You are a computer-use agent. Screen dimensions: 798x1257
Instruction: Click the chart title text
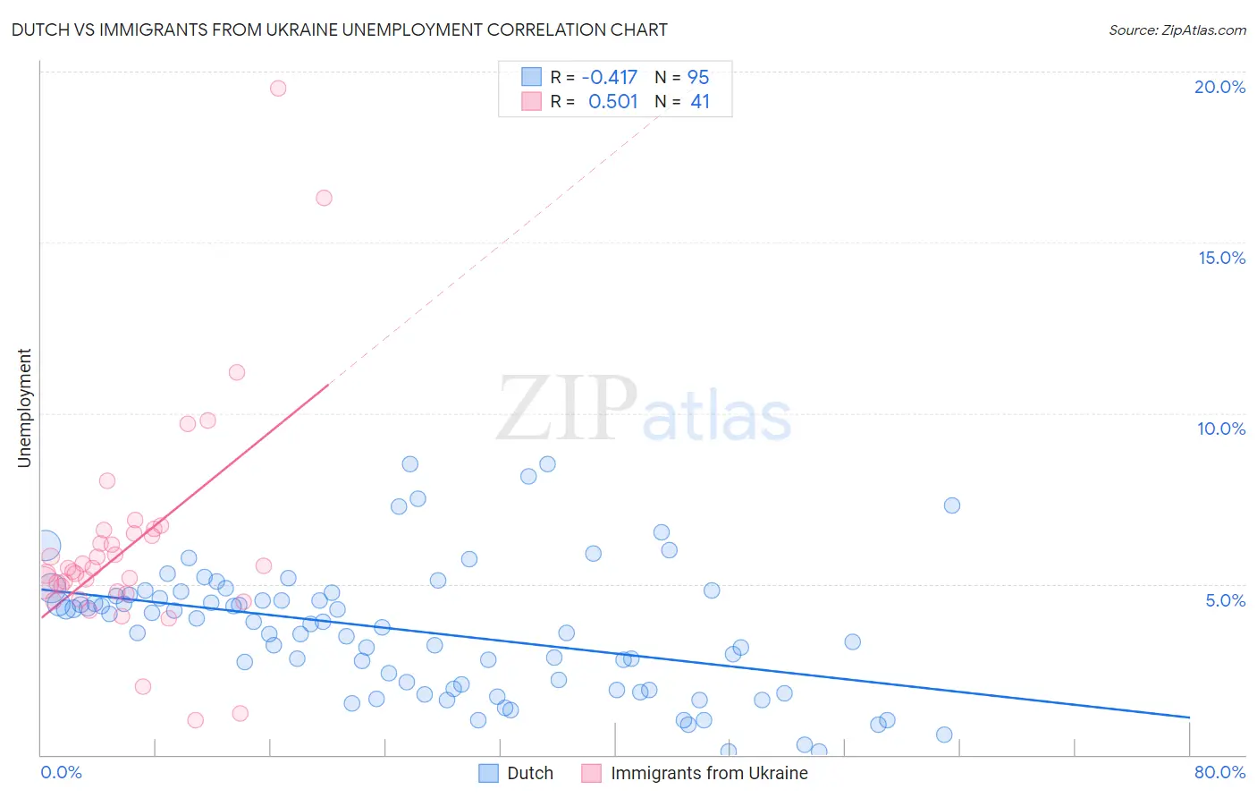(339, 30)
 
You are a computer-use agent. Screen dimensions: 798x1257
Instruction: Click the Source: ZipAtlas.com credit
(1177, 30)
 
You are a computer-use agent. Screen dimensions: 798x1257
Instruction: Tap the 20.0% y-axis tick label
(1219, 87)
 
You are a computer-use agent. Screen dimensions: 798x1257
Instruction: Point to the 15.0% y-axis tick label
(1220, 258)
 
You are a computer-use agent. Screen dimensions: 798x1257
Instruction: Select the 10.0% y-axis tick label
(1220, 429)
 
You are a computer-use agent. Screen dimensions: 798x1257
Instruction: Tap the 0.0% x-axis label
(61, 772)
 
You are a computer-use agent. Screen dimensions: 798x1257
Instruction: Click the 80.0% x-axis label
(1219, 772)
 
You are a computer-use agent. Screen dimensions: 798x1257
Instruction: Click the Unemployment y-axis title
(24, 408)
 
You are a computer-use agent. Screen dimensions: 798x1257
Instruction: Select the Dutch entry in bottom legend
(529, 773)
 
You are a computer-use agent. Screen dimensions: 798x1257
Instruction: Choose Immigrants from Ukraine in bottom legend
(708, 773)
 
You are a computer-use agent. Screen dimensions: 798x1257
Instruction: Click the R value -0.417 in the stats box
(609, 77)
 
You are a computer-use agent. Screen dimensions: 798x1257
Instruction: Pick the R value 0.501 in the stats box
(612, 101)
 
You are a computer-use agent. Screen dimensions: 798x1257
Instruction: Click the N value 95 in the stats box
(698, 77)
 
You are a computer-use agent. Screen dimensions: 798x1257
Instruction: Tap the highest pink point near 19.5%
(278, 88)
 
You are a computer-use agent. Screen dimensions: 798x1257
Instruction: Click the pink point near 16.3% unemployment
(324, 198)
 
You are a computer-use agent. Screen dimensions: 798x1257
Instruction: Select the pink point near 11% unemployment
(237, 372)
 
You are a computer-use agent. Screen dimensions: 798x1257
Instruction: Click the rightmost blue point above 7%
(952, 505)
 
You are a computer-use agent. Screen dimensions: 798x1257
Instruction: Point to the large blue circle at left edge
(46, 544)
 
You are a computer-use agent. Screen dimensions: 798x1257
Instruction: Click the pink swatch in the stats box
(532, 101)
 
